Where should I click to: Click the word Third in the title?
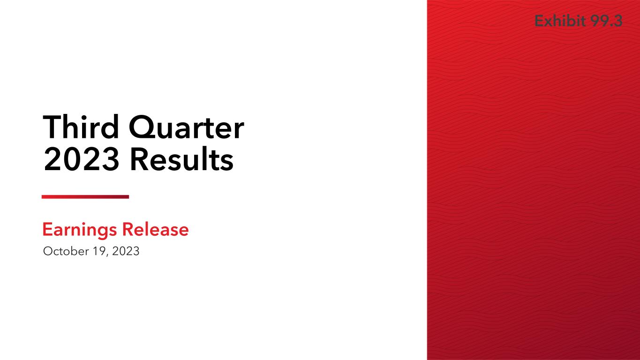[x=81, y=127]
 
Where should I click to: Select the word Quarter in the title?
[x=187, y=128]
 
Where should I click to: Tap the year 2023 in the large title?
[x=81, y=159]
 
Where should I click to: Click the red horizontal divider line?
[x=85, y=196]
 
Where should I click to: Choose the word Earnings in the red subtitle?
[x=80, y=230]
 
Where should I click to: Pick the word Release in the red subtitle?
[x=156, y=229]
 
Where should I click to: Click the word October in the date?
[x=66, y=251]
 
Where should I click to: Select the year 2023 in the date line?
[x=126, y=251]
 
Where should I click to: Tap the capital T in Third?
[x=53, y=127]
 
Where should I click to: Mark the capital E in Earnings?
[x=47, y=229]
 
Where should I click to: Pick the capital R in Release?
[x=127, y=229]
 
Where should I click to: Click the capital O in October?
[x=49, y=251]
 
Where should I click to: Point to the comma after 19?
[x=107, y=255]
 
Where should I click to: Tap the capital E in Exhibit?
[x=539, y=21]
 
